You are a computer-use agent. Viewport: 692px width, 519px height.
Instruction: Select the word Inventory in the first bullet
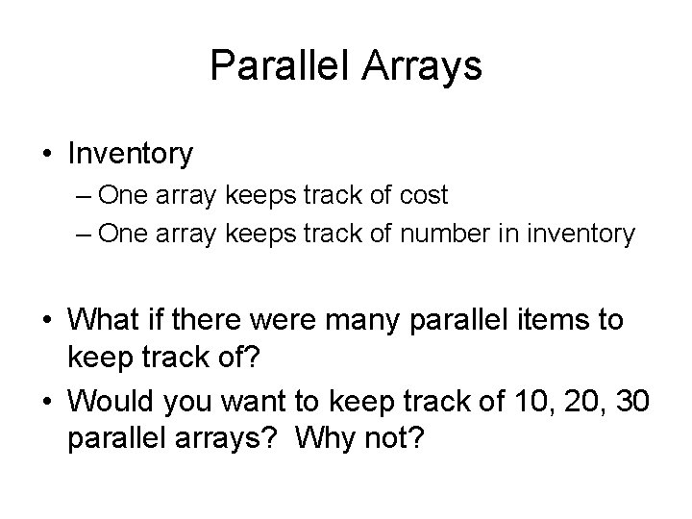[x=131, y=153]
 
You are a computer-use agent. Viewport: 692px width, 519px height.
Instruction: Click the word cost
[x=420, y=196]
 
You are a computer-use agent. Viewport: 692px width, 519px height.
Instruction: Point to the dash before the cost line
[x=81, y=196]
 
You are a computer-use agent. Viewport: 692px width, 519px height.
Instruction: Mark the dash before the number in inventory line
[x=81, y=235]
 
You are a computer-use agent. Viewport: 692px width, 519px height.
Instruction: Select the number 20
[x=565, y=401]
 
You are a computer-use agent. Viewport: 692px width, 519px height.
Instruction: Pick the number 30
[x=617, y=401]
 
